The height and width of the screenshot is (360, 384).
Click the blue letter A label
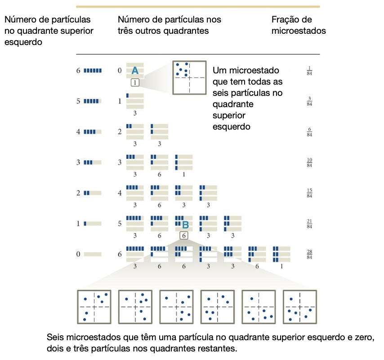pos(134,71)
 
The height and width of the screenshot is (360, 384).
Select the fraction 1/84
pos(309,72)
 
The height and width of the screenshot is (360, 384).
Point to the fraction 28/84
pos(309,254)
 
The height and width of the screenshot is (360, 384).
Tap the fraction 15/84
pos(309,193)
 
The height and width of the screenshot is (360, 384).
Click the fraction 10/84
pos(309,162)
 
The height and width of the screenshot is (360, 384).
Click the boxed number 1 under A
pos(135,82)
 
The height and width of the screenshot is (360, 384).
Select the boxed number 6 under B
pos(183,235)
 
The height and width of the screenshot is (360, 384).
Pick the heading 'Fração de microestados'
pos(299,25)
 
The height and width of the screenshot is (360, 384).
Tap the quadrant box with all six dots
pos(189,77)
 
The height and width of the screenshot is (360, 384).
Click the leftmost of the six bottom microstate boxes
pos(94,306)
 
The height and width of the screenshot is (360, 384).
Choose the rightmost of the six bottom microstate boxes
pos(299,306)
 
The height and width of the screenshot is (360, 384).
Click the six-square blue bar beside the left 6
pos(93,71)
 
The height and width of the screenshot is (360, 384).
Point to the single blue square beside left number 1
pos(85,224)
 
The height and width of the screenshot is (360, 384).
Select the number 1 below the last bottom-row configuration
pos(281,266)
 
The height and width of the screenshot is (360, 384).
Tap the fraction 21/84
pos(309,224)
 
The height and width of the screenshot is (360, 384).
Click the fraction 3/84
pos(309,101)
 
